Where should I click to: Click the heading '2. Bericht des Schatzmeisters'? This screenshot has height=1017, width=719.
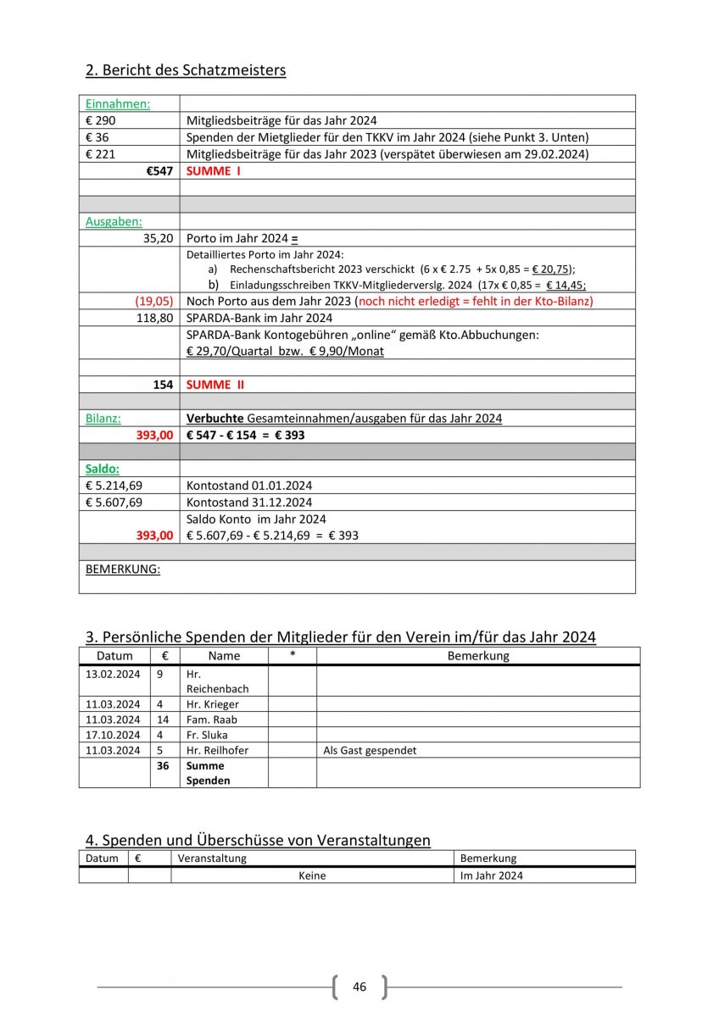tap(185, 69)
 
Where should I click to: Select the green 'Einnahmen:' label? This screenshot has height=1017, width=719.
tap(118, 103)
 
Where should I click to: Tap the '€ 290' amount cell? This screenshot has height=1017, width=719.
tap(101, 120)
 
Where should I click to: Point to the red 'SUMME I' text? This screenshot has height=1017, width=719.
tap(214, 171)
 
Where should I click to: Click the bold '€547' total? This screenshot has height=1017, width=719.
tap(159, 171)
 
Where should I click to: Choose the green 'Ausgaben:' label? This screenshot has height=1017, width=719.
tap(114, 221)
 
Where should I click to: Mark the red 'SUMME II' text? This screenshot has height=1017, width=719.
tap(215, 385)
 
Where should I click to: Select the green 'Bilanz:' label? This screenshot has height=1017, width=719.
tap(103, 419)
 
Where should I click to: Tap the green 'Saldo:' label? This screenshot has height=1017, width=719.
tap(103, 469)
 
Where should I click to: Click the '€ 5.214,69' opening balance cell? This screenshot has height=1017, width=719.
tap(114, 486)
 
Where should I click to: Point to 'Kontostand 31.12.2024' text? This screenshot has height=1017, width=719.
tap(249, 503)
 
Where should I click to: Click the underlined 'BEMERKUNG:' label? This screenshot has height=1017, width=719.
tap(123, 570)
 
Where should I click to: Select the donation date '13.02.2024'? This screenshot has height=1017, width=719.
tap(113, 675)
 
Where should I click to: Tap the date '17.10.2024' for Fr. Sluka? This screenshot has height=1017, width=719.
tap(113, 735)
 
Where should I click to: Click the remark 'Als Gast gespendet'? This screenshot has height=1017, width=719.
tap(370, 750)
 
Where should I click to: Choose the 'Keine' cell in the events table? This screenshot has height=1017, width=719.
tap(312, 875)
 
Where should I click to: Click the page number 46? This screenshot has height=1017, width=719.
tap(359, 987)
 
